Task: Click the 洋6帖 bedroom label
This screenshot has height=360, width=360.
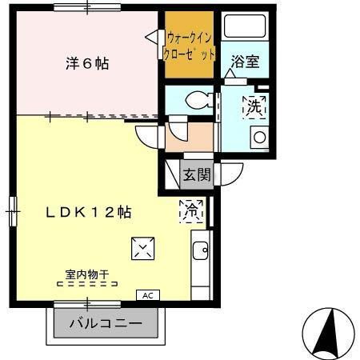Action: (x=86, y=64)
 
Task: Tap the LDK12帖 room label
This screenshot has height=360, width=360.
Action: (x=88, y=213)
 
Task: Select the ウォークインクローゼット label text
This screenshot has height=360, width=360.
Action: (x=190, y=46)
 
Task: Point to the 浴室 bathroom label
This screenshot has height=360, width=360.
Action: (x=245, y=62)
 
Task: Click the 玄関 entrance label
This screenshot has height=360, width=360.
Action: (x=196, y=174)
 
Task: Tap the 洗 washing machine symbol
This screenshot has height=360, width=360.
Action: (x=255, y=105)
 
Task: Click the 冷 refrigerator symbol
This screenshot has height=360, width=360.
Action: (x=192, y=210)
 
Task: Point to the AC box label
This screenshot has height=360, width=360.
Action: (x=146, y=294)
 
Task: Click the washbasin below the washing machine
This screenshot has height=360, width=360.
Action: (x=259, y=137)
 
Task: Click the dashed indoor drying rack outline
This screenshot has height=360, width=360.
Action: (x=86, y=284)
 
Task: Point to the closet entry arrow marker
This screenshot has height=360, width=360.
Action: (x=151, y=36)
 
